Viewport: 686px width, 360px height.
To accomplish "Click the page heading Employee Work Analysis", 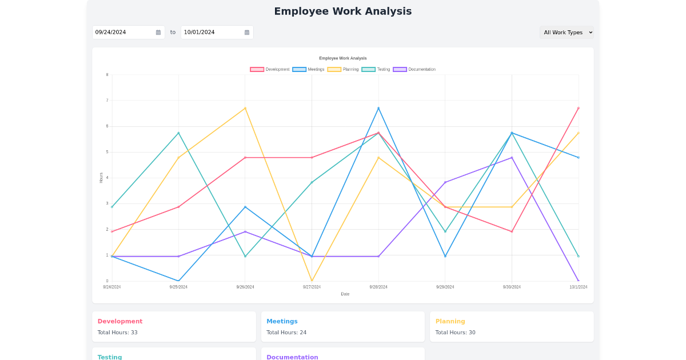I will tap(342, 11).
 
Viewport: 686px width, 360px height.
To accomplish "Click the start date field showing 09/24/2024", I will tap(123, 33).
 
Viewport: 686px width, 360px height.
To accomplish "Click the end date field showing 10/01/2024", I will tap(212, 33).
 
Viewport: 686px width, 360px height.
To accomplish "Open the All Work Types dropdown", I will tap(567, 33).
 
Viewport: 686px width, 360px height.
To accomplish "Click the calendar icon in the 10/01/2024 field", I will tap(247, 33).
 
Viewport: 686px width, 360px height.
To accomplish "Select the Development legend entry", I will tap(270, 69).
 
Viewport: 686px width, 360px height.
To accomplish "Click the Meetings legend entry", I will tap(309, 69).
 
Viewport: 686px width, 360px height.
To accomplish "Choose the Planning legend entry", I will tap(343, 69).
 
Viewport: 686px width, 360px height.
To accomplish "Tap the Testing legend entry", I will tap(376, 69).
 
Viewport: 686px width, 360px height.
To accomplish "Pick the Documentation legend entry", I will tap(414, 69).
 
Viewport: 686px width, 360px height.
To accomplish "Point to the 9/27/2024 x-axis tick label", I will tap(312, 287).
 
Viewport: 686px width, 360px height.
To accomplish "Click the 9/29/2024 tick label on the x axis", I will tap(445, 287).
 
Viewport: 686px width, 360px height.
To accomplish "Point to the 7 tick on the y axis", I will tap(107, 101).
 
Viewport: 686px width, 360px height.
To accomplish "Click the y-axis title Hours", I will tap(101, 178).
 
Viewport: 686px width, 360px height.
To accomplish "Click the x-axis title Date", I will tap(345, 294).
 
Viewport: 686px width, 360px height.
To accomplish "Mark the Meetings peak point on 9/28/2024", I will tap(378, 108).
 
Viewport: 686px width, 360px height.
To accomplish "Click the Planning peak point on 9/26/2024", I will tap(245, 108).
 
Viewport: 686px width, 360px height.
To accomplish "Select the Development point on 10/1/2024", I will tap(578, 108).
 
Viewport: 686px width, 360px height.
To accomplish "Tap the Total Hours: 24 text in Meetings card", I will tap(286, 333).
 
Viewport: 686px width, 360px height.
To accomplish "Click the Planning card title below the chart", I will tap(450, 321).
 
